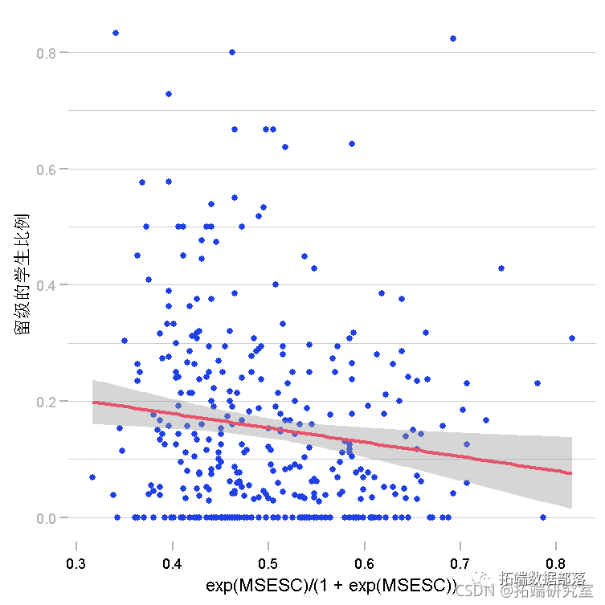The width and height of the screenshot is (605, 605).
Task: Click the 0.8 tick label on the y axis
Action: coord(46,53)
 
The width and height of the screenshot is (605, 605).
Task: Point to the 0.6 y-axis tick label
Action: coord(46,170)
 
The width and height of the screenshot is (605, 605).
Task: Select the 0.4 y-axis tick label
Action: coord(46,285)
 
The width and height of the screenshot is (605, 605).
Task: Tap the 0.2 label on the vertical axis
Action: coord(46,402)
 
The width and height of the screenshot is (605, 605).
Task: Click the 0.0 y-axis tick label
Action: coord(46,518)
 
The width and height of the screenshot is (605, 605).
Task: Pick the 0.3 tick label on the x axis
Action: coord(76,564)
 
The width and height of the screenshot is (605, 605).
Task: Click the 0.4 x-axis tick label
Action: coord(172,564)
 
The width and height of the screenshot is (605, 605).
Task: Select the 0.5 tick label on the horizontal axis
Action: coord(268,564)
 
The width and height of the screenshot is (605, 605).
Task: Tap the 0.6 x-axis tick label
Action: coord(365,564)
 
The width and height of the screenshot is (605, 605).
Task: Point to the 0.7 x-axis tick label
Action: coord(460,564)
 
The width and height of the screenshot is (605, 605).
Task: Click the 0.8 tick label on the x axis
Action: coord(556,564)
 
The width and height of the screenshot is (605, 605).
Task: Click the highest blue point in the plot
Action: coord(116,33)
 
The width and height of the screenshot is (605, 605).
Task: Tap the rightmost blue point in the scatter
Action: coord(572,338)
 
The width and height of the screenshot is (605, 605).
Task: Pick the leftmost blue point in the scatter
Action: coord(92,477)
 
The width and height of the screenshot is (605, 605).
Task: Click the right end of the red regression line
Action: coord(571,473)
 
